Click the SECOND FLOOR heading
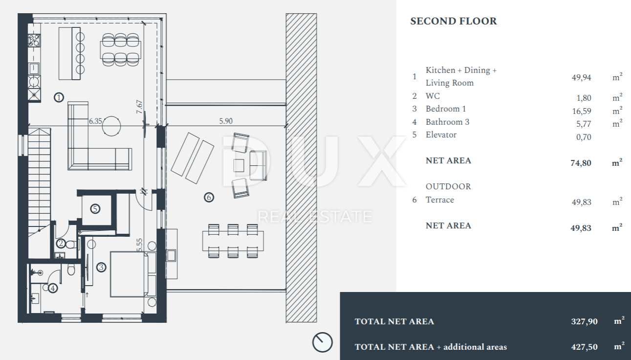[x=453, y=21]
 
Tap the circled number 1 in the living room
[x=59, y=97]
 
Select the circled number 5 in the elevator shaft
[x=95, y=209]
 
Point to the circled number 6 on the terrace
[x=209, y=197]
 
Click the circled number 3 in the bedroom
[x=101, y=267]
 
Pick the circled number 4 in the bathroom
[x=53, y=288]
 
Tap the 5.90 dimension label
[x=226, y=121]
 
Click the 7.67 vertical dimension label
[x=139, y=107]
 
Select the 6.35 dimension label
[x=95, y=121]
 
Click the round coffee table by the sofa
[x=111, y=126]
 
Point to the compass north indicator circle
[x=322, y=342]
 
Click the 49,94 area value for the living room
[x=582, y=77]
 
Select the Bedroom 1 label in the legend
[x=446, y=109]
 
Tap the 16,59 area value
[x=582, y=111]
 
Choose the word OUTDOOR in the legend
[x=448, y=187]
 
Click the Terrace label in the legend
[x=440, y=200]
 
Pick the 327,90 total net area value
[x=584, y=321]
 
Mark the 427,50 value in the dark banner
[x=584, y=347]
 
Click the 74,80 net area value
[x=581, y=163]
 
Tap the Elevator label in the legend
[x=441, y=135]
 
